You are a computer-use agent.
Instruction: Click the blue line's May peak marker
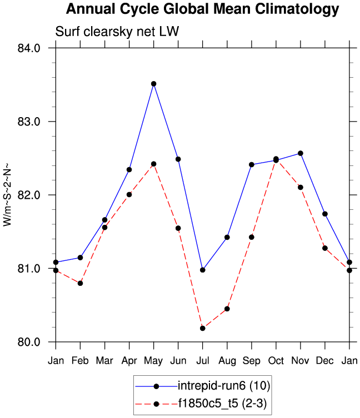[x=154, y=84]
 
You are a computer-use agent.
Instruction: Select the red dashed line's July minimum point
[x=203, y=328]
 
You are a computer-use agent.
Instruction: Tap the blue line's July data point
[x=203, y=270]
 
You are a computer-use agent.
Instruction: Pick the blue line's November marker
[x=301, y=153]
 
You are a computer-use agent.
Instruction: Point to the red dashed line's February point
[x=81, y=283]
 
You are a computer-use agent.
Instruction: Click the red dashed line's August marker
[x=227, y=309]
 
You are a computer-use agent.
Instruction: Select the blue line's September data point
[x=252, y=164]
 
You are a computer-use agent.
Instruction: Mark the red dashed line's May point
[x=154, y=164]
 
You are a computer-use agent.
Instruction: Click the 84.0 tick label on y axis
[x=29, y=48]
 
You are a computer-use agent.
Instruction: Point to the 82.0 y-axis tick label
[x=29, y=195]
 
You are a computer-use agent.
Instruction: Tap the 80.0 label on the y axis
[x=29, y=342]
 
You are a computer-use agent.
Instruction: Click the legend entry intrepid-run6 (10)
[x=223, y=385]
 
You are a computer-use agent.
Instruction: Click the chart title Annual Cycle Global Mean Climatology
[x=202, y=9]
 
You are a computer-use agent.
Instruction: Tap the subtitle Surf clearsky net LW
[x=117, y=32]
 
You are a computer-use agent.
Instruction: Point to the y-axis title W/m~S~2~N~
[x=7, y=195]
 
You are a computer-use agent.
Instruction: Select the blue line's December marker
[x=325, y=214]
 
